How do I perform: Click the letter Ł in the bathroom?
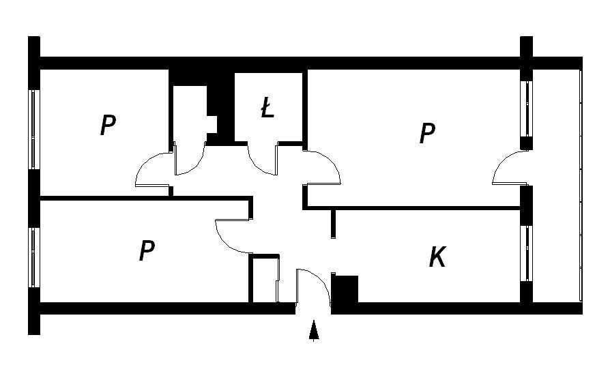[x=267, y=108]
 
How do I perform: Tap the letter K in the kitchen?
[x=437, y=257]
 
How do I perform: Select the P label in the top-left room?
[x=108, y=124]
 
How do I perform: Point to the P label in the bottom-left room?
[x=147, y=250]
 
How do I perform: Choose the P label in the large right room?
[x=427, y=133]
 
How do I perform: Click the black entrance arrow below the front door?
[x=314, y=331]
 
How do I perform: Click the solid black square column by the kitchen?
[x=345, y=289]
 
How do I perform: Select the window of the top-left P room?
[x=34, y=130]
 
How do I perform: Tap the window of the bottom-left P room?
[x=34, y=257]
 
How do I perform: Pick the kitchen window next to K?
[x=526, y=253]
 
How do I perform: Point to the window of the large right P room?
[x=526, y=109]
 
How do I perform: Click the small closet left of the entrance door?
[x=265, y=279]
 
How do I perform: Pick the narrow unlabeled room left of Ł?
[x=190, y=117]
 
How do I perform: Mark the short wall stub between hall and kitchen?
[x=333, y=223]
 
